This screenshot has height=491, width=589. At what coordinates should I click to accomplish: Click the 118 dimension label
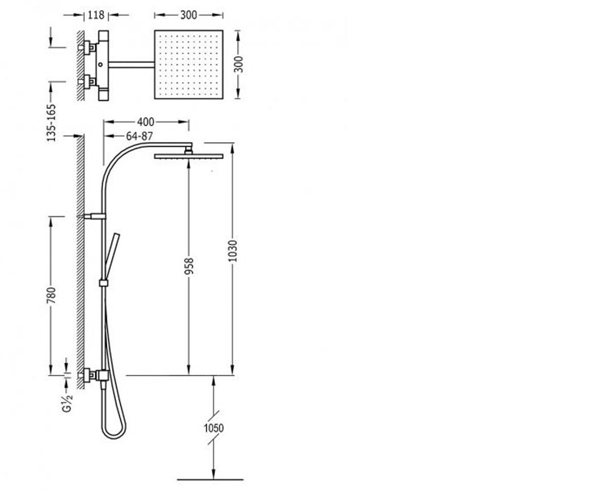pyautogui.click(x=96, y=15)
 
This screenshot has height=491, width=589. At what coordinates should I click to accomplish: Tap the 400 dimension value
pyautogui.click(x=146, y=122)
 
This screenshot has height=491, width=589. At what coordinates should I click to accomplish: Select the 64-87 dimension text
pyautogui.click(x=139, y=136)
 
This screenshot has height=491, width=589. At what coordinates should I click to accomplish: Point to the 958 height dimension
pyautogui.click(x=188, y=266)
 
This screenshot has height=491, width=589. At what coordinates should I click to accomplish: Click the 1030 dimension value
pyautogui.click(x=233, y=251)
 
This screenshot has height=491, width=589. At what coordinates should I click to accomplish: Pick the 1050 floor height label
pyautogui.click(x=214, y=428)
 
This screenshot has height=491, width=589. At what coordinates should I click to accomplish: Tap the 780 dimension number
pyautogui.click(x=52, y=296)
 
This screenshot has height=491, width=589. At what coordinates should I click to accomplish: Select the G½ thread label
pyautogui.click(x=67, y=403)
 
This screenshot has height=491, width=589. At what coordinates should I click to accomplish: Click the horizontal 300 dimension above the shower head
pyautogui.click(x=188, y=15)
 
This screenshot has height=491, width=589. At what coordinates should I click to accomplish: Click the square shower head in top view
pyautogui.click(x=188, y=65)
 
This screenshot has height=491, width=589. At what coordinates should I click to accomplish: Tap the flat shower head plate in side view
pyautogui.click(x=188, y=156)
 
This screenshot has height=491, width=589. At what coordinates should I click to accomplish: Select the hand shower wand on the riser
pyautogui.click(x=112, y=257)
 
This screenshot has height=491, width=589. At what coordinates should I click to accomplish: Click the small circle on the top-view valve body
pyautogui.click(x=101, y=65)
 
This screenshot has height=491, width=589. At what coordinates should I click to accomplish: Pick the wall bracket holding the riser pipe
pyautogui.click(x=95, y=217)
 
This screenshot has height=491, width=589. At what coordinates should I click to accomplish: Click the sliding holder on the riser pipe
pyautogui.click(x=104, y=283)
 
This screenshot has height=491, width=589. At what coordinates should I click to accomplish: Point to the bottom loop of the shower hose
pyautogui.click(x=114, y=437)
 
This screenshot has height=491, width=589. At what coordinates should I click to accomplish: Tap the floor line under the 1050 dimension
pyautogui.click(x=210, y=479)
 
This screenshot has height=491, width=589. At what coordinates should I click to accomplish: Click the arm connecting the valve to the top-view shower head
pyautogui.click(x=132, y=65)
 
